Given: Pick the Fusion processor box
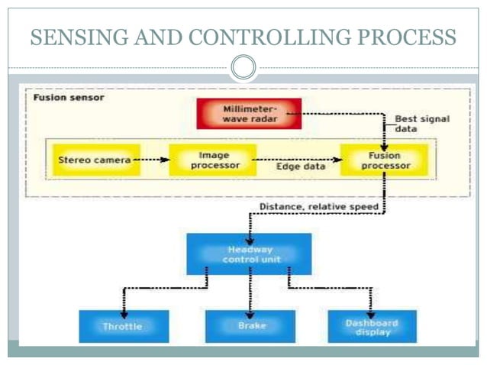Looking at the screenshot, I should [385, 160].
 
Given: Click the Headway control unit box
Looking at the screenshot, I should [249, 254].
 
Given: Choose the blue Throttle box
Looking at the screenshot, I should [122, 326].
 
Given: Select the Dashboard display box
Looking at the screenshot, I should [372, 326].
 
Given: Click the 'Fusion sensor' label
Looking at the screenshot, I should [69, 98].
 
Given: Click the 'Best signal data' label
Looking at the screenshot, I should [421, 124].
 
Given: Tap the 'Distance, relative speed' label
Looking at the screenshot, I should [318, 207].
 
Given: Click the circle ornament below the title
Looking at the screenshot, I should [243, 68].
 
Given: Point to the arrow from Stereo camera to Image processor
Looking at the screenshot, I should [151, 160].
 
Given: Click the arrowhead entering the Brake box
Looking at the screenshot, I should [250, 306].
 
